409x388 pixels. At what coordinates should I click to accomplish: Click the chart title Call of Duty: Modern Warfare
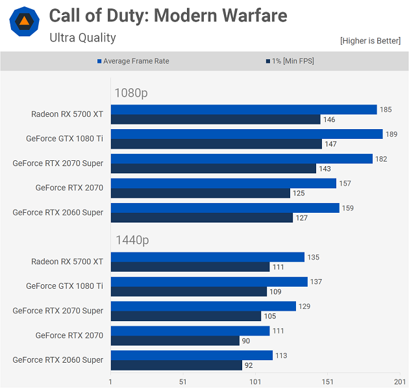click(x=168, y=16)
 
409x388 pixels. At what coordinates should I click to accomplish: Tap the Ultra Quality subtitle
click(x=82, y=38)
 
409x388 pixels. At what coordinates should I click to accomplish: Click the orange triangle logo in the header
click(x=24, y=22)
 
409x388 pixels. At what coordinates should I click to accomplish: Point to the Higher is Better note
click(x=370, y=41)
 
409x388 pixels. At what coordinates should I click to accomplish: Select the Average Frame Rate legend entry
click(x=136, y=61)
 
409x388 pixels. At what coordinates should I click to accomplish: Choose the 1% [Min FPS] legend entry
click(x=292, y=61)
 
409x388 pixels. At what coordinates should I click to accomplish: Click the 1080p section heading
click(x=131, y=93)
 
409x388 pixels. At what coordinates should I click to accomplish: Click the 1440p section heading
click(x=132, y=241)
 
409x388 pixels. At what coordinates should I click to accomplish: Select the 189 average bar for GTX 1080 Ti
click(x=247, y=134)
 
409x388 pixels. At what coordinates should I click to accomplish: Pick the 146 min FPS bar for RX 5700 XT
click(x=216, y=119)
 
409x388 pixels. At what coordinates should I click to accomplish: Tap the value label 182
click(x=382, y=159)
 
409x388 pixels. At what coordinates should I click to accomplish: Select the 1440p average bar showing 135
click(x=208, y=258)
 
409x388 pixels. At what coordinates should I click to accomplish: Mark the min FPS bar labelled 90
click(x=175, y=341)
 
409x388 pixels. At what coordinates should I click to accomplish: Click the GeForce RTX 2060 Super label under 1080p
click(x=58, y=212)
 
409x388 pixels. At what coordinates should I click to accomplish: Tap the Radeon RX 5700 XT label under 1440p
click(x=67, y=261)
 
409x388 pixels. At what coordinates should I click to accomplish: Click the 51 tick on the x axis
click(x=182, y=382)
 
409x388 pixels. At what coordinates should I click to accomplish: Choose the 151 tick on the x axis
click(x=327, y=382)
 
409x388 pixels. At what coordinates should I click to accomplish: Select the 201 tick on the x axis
click(x=399, y=382)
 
